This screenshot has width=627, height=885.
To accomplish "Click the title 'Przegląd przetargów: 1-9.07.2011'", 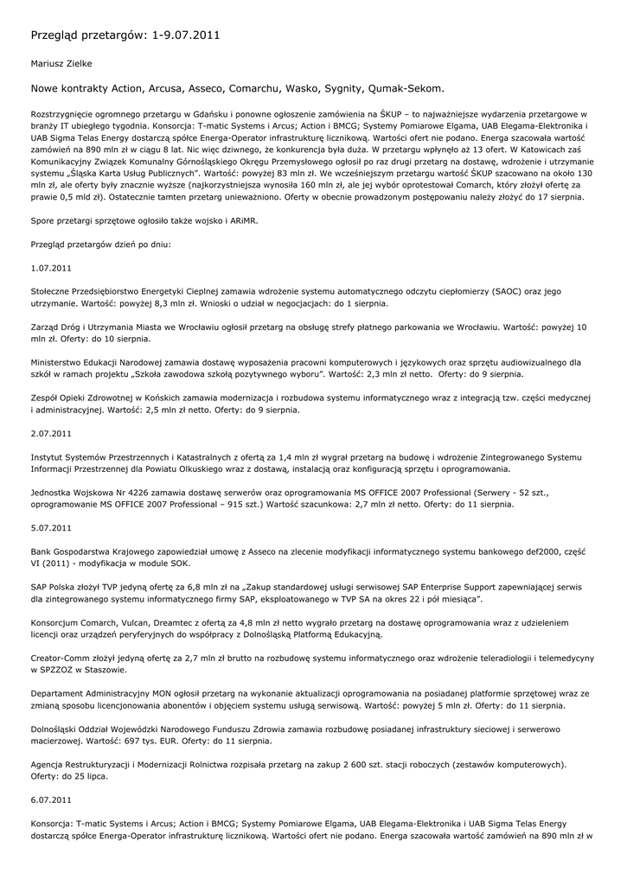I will (125, 35).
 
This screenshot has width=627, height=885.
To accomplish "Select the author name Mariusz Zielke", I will (61, 63).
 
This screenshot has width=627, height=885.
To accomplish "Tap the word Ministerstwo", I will (61, 362).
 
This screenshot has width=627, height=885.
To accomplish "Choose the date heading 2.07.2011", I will (51, 432).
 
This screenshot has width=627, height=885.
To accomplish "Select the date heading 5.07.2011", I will (51, 526).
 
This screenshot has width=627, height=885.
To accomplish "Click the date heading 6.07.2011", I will (51, 799).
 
